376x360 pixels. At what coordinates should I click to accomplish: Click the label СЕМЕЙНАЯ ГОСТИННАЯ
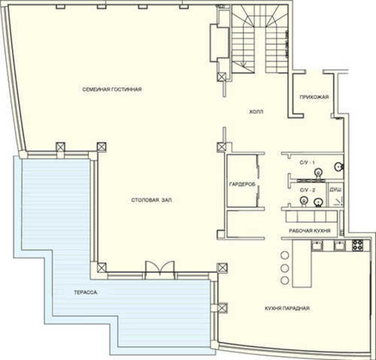112,90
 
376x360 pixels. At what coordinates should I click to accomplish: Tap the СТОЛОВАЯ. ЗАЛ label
152,200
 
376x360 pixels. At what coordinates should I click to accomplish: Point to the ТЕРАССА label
85,292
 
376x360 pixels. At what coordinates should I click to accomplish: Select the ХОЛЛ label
256,112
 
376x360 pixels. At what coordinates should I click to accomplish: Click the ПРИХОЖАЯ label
314,97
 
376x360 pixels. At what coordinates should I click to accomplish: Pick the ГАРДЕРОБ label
242,184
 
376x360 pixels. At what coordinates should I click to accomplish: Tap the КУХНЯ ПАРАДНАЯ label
287,308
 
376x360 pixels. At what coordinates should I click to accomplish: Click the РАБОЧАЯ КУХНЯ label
309,231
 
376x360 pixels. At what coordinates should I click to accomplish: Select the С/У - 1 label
307,163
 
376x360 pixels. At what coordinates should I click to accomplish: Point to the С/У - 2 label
307,190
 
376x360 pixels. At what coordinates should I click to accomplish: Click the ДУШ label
335,190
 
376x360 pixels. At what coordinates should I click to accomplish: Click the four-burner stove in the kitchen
357,245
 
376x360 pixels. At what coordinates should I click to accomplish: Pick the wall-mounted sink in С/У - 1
339,166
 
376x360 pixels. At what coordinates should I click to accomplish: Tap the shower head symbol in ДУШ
338,201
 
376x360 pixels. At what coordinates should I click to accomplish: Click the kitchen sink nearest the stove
340,245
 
